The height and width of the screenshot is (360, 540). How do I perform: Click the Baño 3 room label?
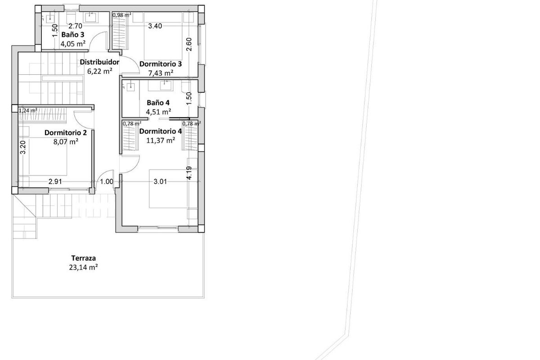tap(73, 35)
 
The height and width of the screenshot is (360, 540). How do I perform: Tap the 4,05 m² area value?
tap(73, 44)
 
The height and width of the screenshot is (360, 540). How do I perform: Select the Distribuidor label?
tap(99, 62)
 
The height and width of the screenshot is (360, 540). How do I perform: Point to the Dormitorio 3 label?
tap(161, 64)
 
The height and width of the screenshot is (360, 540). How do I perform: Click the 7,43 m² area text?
tap(161, 73)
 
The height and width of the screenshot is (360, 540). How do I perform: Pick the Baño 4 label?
tap(158, 103)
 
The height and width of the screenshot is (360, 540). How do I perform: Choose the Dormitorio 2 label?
tap(66, 133)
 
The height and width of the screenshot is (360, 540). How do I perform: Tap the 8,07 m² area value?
tap(66, 141)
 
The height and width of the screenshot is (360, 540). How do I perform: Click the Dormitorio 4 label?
tap(161, 131)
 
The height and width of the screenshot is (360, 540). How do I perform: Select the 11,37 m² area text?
tap(161, 140)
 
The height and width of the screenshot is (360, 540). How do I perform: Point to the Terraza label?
tap(84, 258)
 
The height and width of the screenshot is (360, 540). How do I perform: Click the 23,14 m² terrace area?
tap(83, 267)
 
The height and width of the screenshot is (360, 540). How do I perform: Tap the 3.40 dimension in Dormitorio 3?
tap(155, 26)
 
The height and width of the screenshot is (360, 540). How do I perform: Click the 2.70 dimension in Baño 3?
tap(75, 26)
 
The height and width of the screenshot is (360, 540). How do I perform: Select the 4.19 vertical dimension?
tap(189, 173)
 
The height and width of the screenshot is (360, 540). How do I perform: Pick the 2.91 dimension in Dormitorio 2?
tap(55, 181)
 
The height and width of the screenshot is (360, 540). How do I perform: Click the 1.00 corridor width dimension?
tap(107, 181)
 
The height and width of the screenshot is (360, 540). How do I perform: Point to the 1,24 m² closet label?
tap(28, 111)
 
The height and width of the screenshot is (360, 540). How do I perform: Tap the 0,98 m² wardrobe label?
tap(122, 15)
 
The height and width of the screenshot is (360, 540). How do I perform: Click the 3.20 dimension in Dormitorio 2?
tap(22, 147)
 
